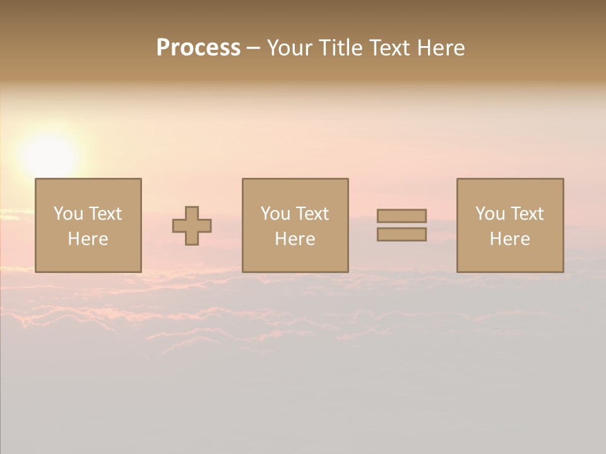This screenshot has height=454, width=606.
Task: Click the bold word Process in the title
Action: pos(198,48)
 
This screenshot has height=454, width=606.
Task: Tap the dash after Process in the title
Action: pos(254,48)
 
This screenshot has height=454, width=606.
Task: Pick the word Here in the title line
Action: pos(442,48)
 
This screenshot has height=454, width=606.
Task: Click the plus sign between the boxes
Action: pos(192,226)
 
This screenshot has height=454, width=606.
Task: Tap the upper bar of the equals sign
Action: pos(401,216)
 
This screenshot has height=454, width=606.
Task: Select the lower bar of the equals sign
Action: pos(401,234)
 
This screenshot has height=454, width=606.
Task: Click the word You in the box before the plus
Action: pos(68,214)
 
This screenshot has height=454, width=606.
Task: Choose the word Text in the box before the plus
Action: pos(105,214)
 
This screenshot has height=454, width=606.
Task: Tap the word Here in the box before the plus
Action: pos(88,239)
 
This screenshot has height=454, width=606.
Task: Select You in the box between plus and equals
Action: pos(275,214)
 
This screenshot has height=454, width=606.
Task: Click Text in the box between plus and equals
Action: pos(312,214)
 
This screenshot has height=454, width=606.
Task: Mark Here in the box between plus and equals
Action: pos(295,239)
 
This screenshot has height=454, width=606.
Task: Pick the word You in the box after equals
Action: pos(490,214)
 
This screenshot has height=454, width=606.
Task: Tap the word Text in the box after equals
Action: pos(526,214)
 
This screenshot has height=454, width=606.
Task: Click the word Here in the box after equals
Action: pos(510,239)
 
